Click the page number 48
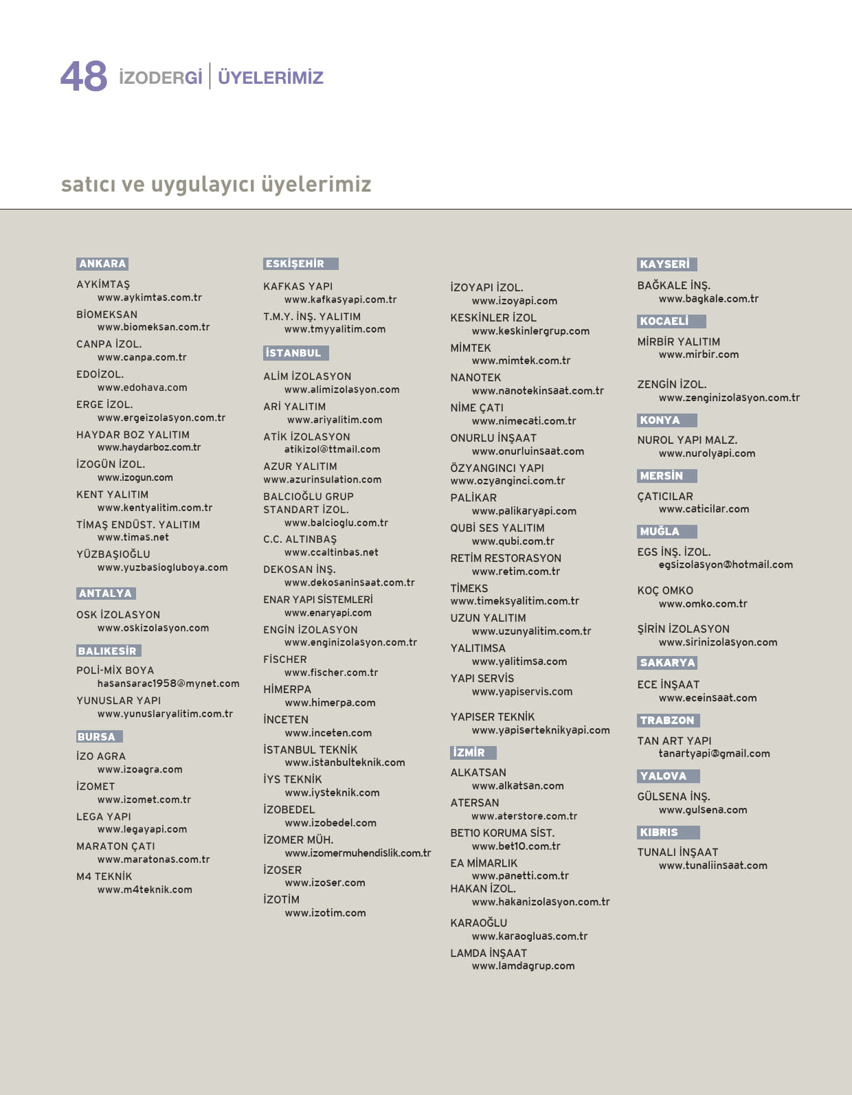coord(84,76)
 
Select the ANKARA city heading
coord(102,264)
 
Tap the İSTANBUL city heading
coord(293,353)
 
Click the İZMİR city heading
coord(469,753)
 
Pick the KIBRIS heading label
coord(659,833)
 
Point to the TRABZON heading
coord(667,721)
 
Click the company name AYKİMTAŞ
coord(103,284)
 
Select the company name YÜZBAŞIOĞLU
coord(113,554)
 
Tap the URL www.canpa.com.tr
coord(142,357)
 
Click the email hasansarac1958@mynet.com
coord(168,684)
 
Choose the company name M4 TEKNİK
coord(104,877)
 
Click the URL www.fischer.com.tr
coord(331,673)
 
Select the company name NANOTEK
coord(475,378)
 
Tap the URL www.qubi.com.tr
coord(513,541)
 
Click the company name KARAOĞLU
coord(479,923)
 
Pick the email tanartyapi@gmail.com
coord(714,754)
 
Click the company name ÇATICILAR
coord(665,497)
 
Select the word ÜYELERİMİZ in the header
coord(271,78)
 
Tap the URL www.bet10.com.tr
coord(516,846)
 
